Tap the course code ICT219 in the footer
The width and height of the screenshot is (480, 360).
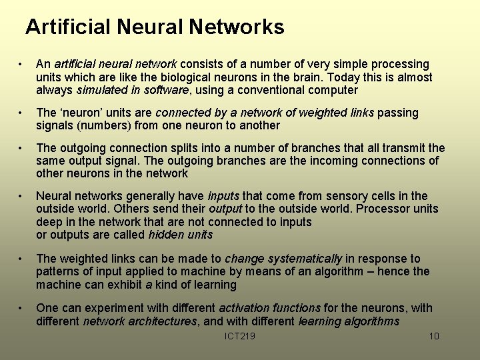tap(240, 336)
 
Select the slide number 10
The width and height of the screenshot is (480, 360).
tap(434, 336)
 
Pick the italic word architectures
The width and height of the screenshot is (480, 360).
tap(159, 321)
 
